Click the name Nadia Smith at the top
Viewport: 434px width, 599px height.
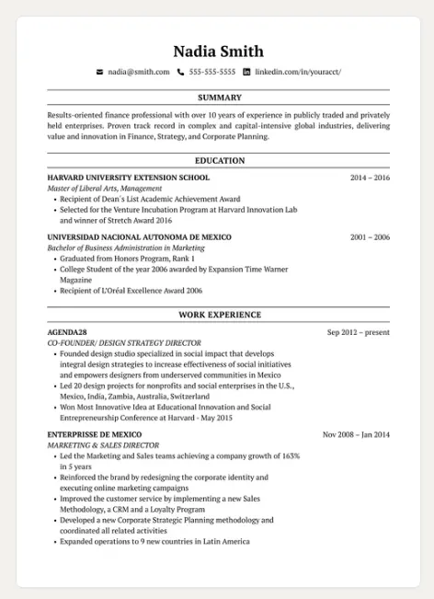(x=218, y=51)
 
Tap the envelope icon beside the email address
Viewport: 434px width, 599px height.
(x=100, y=72)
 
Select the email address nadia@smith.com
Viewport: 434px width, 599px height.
(x=139, y=72)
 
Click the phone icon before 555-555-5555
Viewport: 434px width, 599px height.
(x=181, y=72)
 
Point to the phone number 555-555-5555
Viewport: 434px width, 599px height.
(x=212, y=72)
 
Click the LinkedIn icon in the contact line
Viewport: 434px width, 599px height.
(x=246, y=72)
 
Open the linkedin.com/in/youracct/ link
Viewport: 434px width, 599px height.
(x=298, y=72)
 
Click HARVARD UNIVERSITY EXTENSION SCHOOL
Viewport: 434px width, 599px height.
(x=129, y=178)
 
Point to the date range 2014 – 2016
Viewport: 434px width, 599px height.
(x=370, y=178)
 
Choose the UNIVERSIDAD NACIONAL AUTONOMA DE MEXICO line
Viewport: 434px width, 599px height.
(x=139, y=237)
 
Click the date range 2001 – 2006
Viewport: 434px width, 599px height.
(x=370, y=237)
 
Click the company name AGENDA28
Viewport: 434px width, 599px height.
(x=67, y=332)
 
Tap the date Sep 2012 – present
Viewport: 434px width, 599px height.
(x=358, y=332)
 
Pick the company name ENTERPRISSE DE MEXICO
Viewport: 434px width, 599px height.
(x=95, y=434)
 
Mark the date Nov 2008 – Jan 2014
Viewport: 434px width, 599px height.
(x=356, y=434)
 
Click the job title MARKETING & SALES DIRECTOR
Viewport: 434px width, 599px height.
(x=103, y=445)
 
